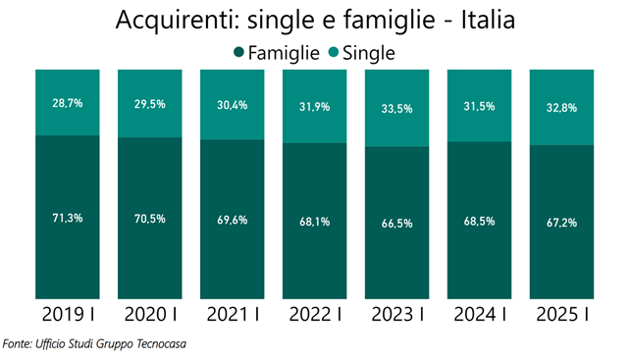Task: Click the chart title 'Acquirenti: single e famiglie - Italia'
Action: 315,20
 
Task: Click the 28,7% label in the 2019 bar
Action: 67,102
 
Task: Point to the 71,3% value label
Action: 67,217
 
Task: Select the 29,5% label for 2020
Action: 149,104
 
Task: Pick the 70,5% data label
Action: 149,218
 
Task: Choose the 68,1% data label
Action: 314,221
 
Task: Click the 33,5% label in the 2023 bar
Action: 396,110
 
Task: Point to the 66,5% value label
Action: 396,223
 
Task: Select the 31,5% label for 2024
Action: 479,107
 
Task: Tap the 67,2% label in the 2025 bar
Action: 561,222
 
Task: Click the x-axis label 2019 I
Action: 67,315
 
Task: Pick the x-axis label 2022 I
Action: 314,315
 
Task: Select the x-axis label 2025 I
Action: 561,315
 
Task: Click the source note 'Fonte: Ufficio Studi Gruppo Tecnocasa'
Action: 94,344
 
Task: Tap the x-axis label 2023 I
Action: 396,315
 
